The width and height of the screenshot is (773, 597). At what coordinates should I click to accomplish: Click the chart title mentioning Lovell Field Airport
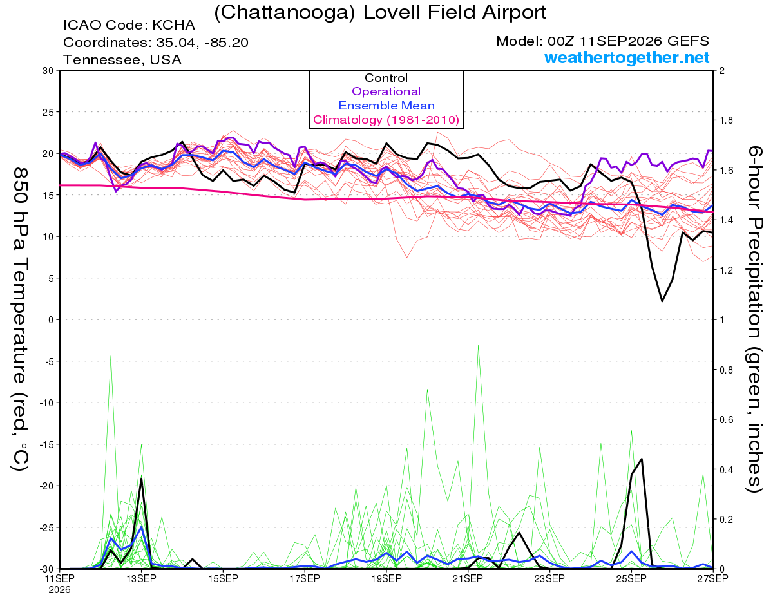[380, 13]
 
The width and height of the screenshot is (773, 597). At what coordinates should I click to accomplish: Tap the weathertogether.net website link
[627, 57]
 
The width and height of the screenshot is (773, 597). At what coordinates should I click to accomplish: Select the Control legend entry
[386, 78]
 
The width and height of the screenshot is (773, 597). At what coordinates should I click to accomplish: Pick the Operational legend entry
[386, 91]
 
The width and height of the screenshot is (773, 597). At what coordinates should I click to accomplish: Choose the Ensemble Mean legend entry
[386, 106]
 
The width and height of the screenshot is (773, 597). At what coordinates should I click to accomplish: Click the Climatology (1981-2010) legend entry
[386, 120]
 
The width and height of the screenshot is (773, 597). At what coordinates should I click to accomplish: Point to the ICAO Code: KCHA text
[129, 25]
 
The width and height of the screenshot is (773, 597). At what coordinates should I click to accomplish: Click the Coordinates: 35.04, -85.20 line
[156, 43]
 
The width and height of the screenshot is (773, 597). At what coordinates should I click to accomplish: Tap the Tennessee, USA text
[122, 60]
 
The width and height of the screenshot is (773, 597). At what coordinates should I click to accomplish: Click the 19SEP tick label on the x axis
[386, 579]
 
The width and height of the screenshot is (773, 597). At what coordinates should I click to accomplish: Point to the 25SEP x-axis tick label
[631, 579]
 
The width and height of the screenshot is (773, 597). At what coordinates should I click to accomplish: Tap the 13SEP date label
[141, 579]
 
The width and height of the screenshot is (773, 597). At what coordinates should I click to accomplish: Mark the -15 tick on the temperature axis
[47, 444]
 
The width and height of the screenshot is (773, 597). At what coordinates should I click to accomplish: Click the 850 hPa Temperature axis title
[21, 319]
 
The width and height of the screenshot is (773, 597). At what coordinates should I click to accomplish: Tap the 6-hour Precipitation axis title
[754, 319]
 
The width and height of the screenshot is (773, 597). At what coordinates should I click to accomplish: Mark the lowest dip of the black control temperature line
[662, 301]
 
